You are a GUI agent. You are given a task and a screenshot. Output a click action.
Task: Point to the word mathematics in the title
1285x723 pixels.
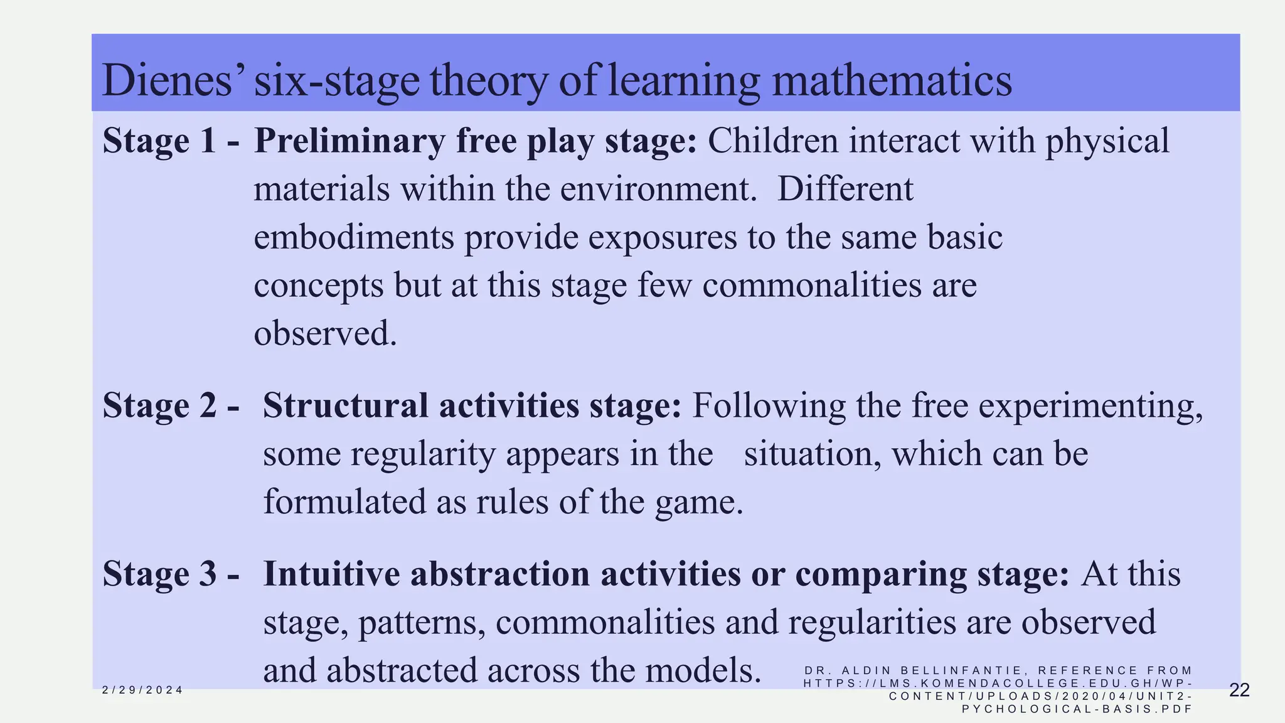click(891, 80)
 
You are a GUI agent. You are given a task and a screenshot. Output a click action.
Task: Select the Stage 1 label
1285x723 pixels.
click(159, 140)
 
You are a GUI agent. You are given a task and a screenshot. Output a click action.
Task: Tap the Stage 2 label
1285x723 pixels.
click(159, 405)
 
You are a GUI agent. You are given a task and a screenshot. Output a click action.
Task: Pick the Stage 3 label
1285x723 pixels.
click(159, 574)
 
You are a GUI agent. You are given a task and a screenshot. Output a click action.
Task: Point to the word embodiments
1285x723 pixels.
click(354, 237)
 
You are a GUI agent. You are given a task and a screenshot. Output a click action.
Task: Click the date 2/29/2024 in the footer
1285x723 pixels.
click(142, 690)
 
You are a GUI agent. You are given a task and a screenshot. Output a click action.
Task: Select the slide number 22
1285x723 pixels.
click(1239, 690)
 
